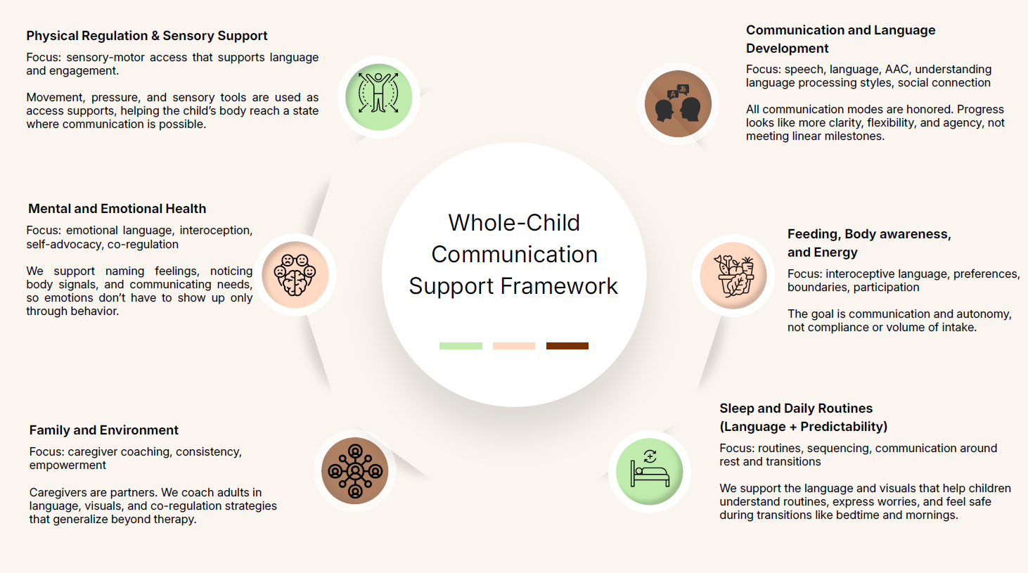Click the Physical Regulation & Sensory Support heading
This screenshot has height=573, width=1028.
147,36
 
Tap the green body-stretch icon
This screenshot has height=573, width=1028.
378,96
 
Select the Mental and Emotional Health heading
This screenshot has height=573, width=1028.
117,209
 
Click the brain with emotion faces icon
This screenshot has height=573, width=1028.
295,275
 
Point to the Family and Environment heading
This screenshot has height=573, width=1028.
104,430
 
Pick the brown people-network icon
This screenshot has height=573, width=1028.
355,471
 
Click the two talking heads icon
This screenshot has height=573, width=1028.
678,104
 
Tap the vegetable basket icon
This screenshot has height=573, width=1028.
733,276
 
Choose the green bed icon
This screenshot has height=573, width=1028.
650,472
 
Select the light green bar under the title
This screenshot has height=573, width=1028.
461,346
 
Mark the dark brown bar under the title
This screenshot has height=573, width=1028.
567,346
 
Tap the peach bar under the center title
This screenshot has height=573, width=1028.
514,346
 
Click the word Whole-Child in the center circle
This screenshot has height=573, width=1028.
514,223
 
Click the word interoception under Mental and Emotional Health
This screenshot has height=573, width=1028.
216,231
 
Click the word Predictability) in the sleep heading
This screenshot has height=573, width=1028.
844,427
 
